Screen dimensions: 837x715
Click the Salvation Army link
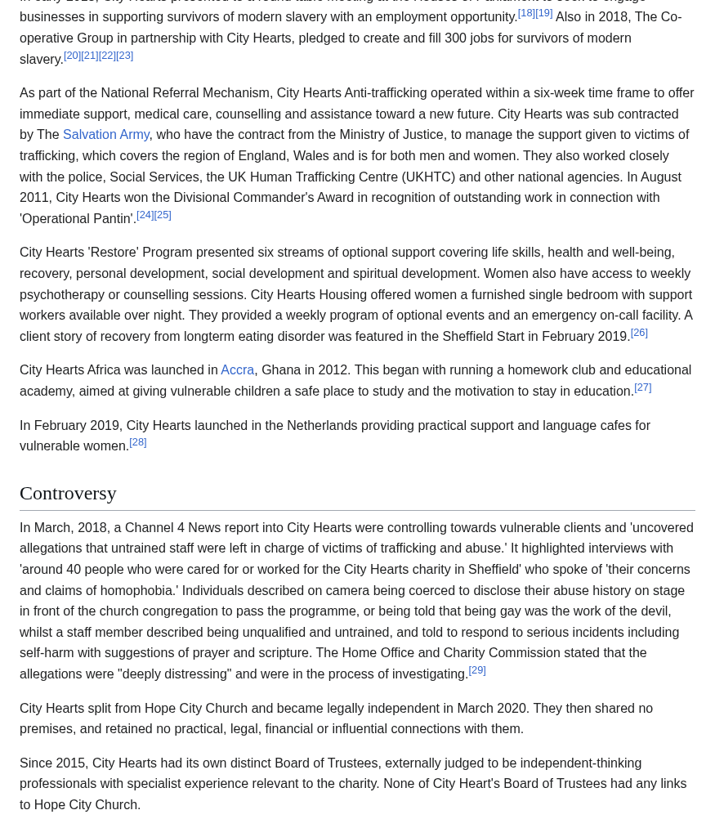(x=106, y=135)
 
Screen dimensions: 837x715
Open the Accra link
(x=237, y=370)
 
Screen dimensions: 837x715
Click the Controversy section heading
(x=68, y=493)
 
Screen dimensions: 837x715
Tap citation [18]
(x=526, y=13)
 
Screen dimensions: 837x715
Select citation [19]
(x=544, y=13)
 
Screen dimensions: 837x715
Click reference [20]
(x=73, y=56)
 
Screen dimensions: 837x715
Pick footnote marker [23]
(x=125, y=56)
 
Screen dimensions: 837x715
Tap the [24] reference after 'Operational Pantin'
(x=145, y=215)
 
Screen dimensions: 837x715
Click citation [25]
(x=163, y=215)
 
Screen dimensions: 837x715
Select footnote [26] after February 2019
(x=639, y=333)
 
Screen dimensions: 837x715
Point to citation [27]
(x=643, y=387)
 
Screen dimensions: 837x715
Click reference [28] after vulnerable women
(x=138, y=442)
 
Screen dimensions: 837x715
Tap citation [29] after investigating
(x=477, y=670)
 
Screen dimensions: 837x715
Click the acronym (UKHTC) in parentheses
(x=428, y=177)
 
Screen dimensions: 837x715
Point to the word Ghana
(x=281, y=370)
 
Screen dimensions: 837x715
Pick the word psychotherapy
(x=62, y=294)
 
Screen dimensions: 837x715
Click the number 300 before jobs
(x=456, y=38)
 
